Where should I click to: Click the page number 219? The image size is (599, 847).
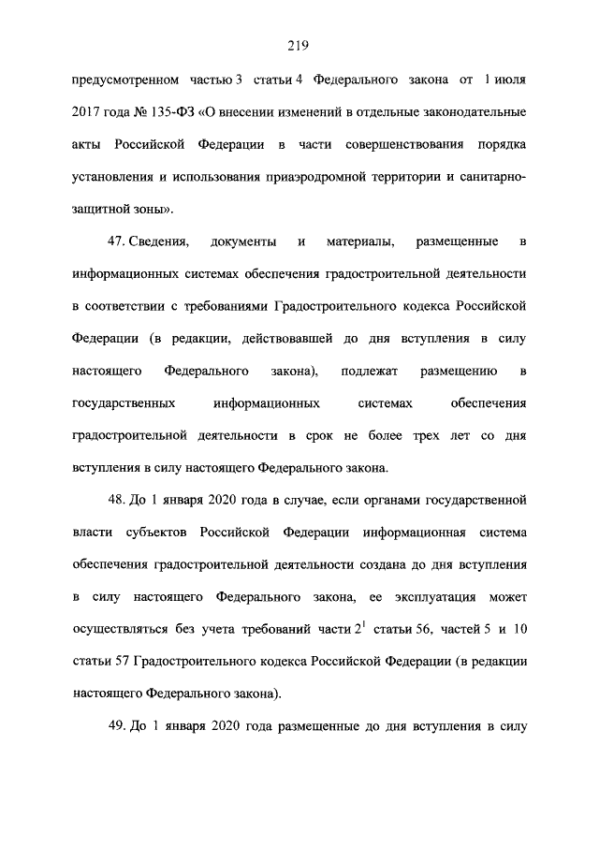[x=299, y=44]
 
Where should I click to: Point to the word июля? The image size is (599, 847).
[x=507, y=80]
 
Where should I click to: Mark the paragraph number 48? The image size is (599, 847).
[x=116, y=501]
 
